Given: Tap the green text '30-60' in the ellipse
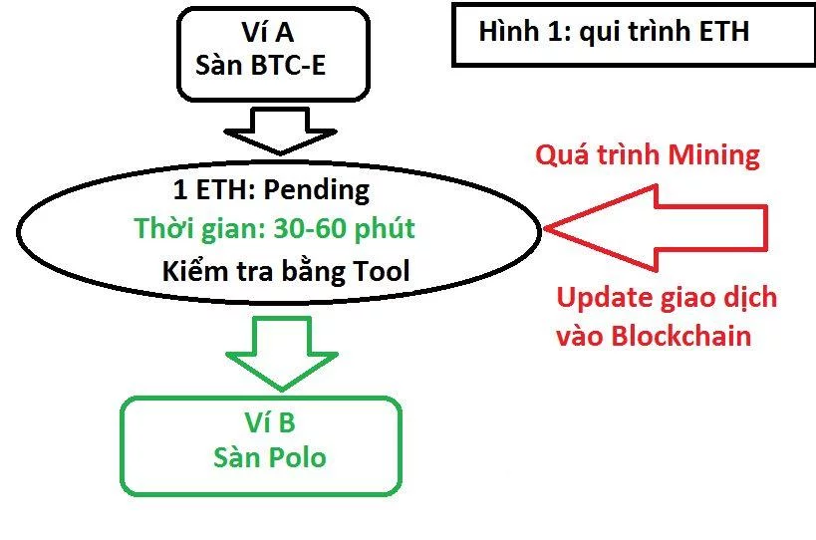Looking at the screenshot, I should (310, 229).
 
